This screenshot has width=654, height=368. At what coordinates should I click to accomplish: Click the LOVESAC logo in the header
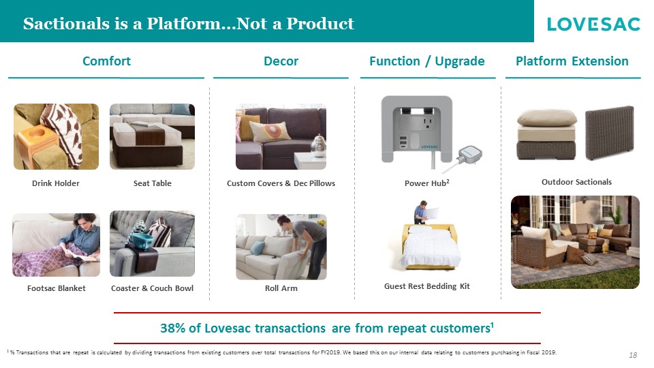tap(593, 25)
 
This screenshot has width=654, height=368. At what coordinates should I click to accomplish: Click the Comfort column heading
tap(106, 61)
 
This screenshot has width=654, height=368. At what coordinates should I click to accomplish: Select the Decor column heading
tap(281, 61)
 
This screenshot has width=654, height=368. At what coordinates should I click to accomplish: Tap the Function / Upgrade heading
tap(426, 61)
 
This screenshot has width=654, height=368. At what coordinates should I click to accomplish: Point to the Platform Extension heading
tap(572, 61)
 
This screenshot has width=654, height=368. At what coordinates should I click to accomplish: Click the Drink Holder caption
tap(55, 183)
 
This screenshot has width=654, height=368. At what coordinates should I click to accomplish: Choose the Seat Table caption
tap(152, 183)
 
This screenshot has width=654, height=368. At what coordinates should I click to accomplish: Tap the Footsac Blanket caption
tap(57, 288)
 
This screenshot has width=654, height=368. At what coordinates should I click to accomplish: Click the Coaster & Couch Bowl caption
tap(152, 288)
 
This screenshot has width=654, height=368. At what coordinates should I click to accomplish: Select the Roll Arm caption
tap(281, 288)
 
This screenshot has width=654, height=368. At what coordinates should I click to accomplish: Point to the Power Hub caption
tap(426, 183)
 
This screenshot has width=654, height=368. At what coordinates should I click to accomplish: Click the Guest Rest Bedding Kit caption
tap(426, 286)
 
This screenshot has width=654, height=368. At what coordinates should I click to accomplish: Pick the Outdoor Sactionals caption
tap(576, 182)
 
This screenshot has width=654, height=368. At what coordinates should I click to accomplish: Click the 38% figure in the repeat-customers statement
tap(172, 328)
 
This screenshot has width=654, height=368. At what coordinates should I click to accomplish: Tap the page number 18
tap(633, 355)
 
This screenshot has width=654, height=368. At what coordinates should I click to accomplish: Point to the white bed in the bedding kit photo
tap(430, 247)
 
